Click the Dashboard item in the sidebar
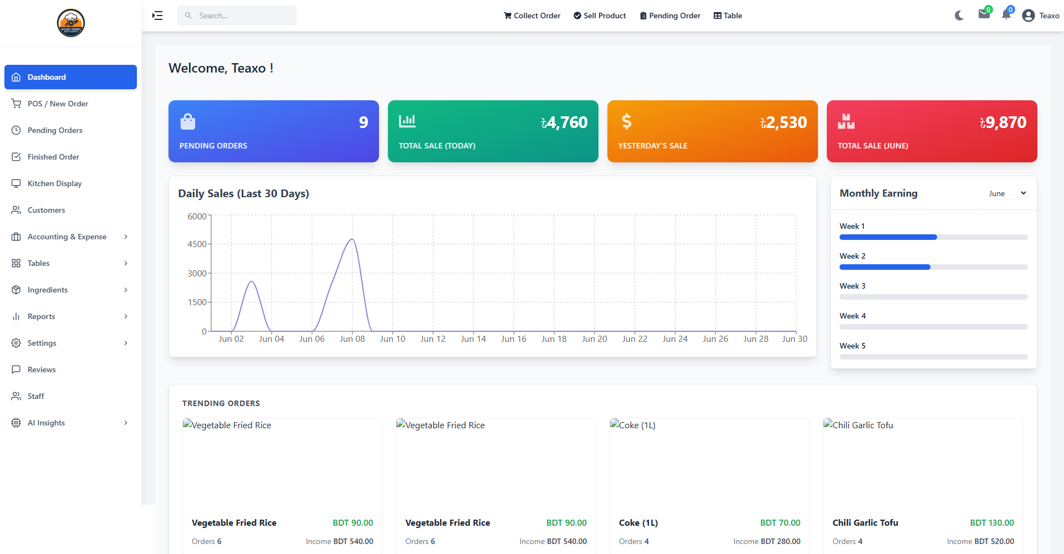70,77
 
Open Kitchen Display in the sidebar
54,183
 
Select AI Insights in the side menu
46,423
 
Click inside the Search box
237,16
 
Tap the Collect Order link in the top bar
532,16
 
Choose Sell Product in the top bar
600,16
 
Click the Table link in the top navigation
728,16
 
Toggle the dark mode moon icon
959,16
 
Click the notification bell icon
1006,15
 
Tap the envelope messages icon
984,14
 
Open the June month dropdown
1007,193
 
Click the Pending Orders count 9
364,122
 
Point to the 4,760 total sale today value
564,122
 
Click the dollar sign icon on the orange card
627,121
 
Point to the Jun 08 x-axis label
352,339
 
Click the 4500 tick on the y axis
197,244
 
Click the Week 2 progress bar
934,267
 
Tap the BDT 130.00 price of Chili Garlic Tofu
992,523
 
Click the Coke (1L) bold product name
638,523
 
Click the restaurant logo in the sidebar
71,23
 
